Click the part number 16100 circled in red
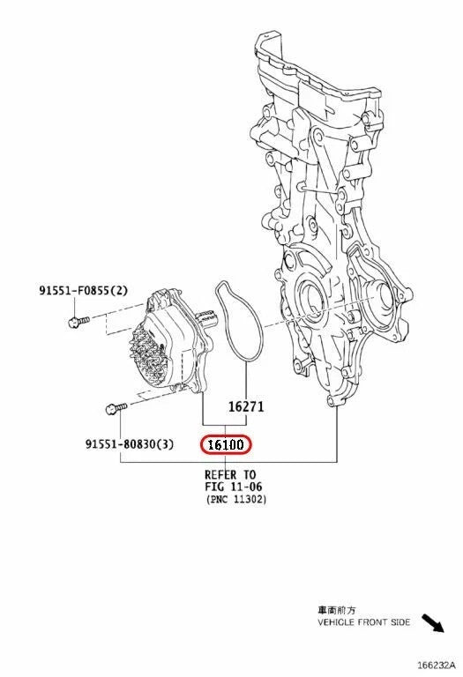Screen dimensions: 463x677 click(x=226, y=444)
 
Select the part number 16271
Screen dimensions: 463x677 click(x=246, y=406)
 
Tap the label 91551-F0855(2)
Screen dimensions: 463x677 click(x=84, y=290)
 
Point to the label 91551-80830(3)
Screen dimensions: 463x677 click(x=130, y=443)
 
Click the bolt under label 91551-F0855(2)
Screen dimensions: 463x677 click(x=79, y=321)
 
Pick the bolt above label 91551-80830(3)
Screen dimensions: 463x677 click(x=116, y=407)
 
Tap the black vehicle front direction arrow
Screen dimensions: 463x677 click(x=433, y=623)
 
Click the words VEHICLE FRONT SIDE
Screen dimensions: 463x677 click(x=364, y=622)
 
